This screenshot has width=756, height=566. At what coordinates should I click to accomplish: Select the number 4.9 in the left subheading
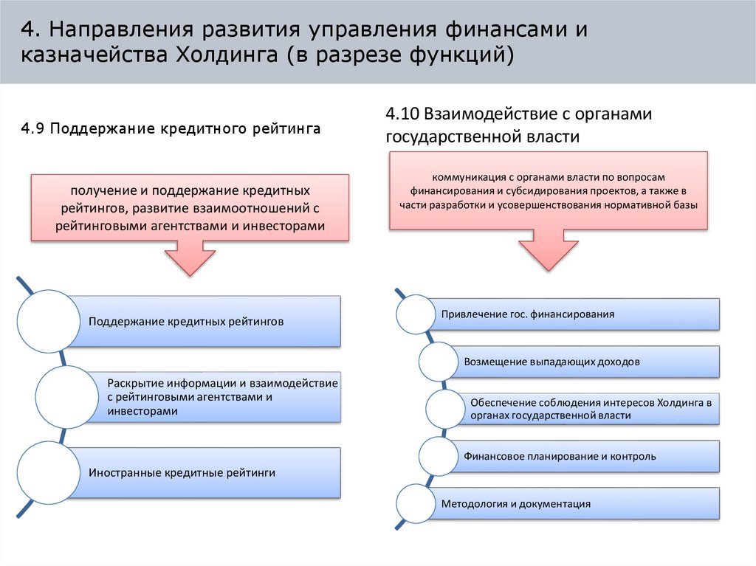[x=35, y=129]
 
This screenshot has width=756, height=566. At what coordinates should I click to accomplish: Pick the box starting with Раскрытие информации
[x=221, y=397]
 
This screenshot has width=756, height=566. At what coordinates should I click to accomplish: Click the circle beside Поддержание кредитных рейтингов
[x=48, y=322]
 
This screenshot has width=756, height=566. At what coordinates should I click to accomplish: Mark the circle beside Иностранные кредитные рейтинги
[x=48, y=472]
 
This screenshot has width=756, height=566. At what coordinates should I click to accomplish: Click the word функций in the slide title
[x=464, y=56]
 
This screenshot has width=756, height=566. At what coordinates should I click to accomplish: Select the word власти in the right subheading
[x=553, y=137]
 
